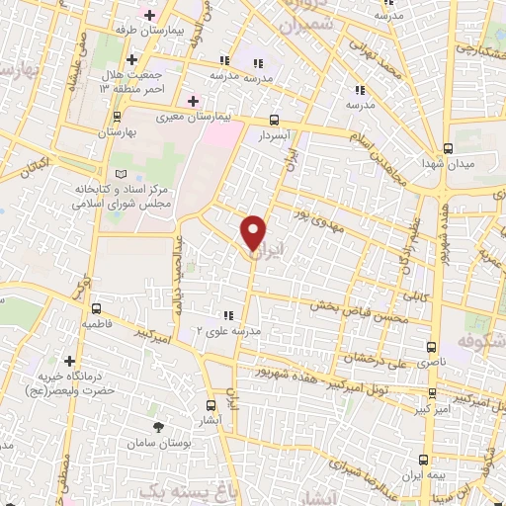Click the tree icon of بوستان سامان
coord(158,426)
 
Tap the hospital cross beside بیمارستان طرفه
coord(149,15)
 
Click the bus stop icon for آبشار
coord(211,405)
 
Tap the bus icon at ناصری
coord(431,348)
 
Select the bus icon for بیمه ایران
coord(423,460)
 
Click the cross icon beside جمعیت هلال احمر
coord(131,60)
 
